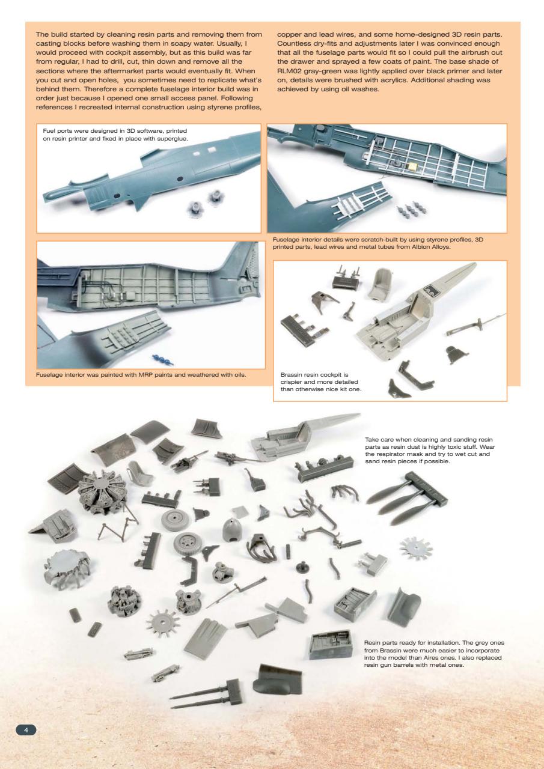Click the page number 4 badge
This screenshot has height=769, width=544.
pos(26,729)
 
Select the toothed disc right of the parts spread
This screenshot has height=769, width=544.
pos(415,547)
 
